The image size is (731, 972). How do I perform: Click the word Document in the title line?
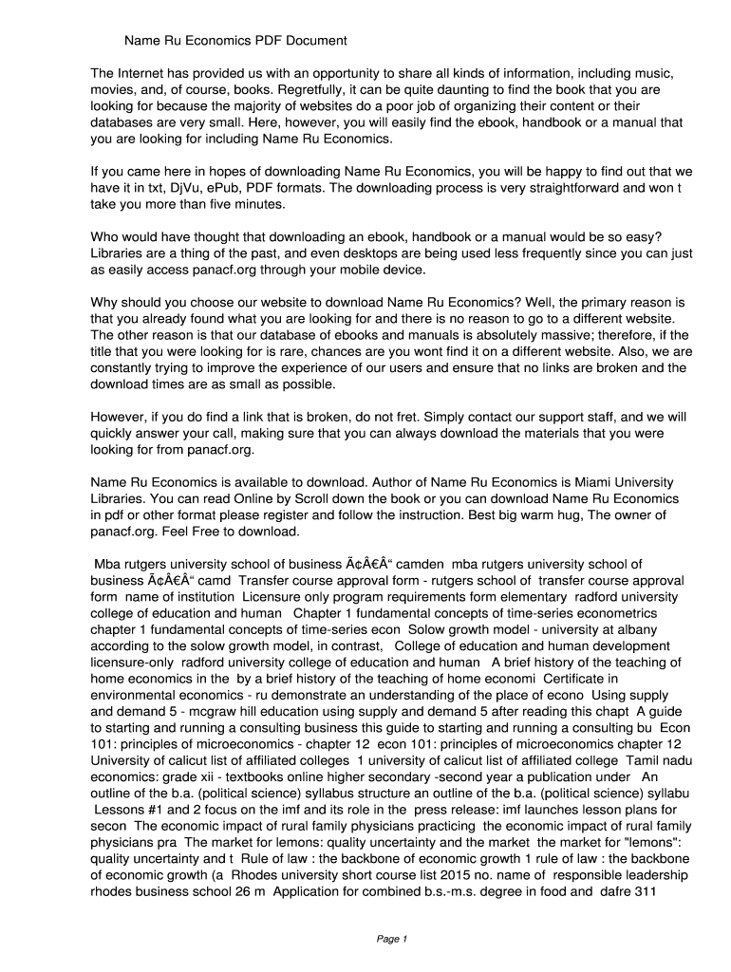click(315, 41)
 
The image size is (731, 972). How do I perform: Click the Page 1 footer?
click(391, 940)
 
